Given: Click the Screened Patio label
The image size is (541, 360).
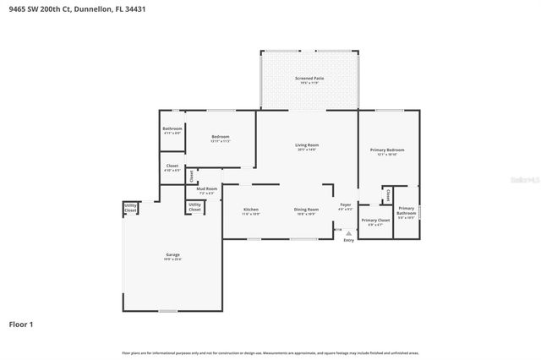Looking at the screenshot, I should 309,79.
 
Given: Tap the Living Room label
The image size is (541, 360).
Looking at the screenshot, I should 305,145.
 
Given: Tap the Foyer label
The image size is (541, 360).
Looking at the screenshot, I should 345,205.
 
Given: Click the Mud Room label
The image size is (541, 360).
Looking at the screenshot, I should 207,188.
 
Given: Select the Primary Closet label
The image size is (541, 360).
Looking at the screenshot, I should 372,221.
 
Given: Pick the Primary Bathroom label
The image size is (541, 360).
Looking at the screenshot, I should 407,210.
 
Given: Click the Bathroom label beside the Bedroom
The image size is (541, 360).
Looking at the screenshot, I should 172,129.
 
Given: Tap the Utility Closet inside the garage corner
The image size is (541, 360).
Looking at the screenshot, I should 131,207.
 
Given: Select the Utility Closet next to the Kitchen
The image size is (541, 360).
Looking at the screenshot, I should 194,205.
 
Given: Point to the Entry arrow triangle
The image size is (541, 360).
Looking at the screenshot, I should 348,231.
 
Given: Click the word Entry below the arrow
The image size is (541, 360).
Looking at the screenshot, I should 348,241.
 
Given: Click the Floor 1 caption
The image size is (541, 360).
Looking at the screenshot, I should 21,324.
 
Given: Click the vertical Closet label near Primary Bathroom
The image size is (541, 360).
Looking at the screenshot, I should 387,195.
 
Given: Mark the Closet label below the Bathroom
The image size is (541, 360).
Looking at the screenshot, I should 172,166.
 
